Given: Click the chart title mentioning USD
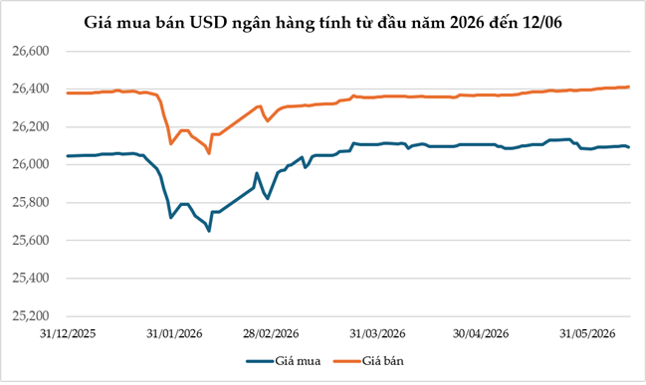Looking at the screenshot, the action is (x=323, y=23).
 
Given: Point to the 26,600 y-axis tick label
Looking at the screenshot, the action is (x=31, y=51).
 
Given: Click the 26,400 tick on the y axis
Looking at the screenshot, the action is (x=31, y=89).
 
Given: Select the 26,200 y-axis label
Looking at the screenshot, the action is (x=31, y=126).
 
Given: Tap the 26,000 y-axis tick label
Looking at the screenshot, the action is (x=31, y=165).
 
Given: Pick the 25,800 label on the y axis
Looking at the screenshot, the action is (x=31, y=203).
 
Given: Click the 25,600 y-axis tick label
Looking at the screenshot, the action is (x=31, y=241).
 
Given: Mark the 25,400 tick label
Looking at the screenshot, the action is (x=31, y=279).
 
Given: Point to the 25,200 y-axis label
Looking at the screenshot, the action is (x=31, y=316).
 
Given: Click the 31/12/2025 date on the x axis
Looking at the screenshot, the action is (x=68, y=333).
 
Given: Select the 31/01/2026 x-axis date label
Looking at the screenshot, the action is (x=174, y=333).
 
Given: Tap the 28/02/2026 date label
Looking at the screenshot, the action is (x=271, y=333).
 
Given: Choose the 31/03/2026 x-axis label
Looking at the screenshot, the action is (x=377, y=333).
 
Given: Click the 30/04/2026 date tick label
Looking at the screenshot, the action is (x=481, y=333).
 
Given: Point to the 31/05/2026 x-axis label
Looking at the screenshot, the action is (x=587, y=333).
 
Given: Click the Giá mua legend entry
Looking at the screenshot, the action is (x=284, y=361).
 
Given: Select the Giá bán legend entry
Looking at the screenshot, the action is (x=368, y=361).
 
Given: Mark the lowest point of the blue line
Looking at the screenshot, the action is (x=209, y=231).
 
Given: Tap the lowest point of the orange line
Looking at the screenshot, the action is (x=209, y=153).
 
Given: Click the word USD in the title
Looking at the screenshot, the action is (x=209, y=23).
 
